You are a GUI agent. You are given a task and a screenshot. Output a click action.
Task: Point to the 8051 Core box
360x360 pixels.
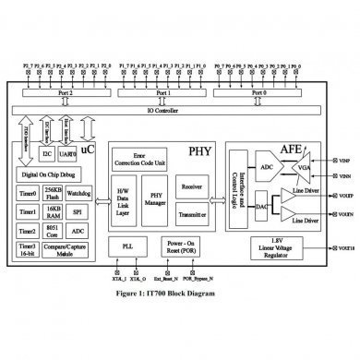pos(52,229)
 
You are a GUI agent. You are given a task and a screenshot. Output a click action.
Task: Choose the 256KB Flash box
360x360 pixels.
pos(52,193)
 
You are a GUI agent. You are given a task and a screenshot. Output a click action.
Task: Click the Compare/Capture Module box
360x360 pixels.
pos(66,249)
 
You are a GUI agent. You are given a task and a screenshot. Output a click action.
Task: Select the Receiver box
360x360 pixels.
pos(188,186)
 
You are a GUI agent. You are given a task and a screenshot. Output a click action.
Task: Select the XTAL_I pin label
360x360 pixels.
pos(119,274)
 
